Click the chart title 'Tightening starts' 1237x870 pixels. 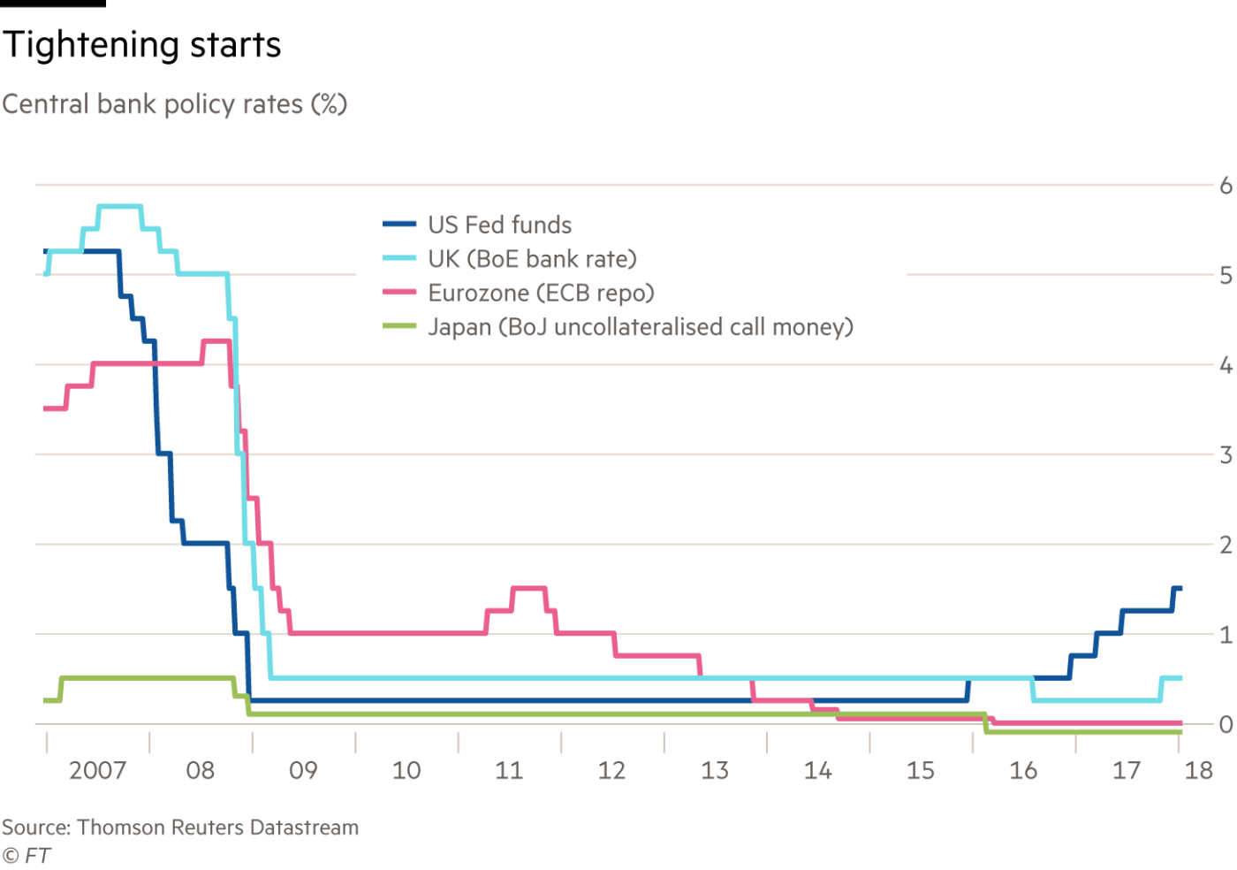point(141,45)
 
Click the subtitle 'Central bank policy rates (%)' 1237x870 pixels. point(174,104)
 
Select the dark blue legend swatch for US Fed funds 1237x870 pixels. point(399,225)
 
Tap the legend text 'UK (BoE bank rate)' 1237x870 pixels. point(532,258)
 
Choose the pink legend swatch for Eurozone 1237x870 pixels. point(399,292)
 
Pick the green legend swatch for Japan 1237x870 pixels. point(399,326)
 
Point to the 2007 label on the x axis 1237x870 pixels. point(98,771)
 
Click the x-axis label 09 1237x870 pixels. point(304,771)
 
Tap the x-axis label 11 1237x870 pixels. point(509,771)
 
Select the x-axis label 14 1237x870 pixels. point(818,771)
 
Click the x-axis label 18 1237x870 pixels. point(1199,771)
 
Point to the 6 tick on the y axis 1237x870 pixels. point(1226,186)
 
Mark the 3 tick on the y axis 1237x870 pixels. point(1226,455)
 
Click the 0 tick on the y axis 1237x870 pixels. point(1226,724)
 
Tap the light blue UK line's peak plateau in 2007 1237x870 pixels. point(119,207)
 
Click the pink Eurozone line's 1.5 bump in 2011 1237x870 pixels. point(529,588)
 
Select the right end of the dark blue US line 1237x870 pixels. point(1180,589)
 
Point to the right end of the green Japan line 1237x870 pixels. point(1180,732)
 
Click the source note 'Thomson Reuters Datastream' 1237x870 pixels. point(217,828)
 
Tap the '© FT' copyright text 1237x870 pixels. point(26,855)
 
